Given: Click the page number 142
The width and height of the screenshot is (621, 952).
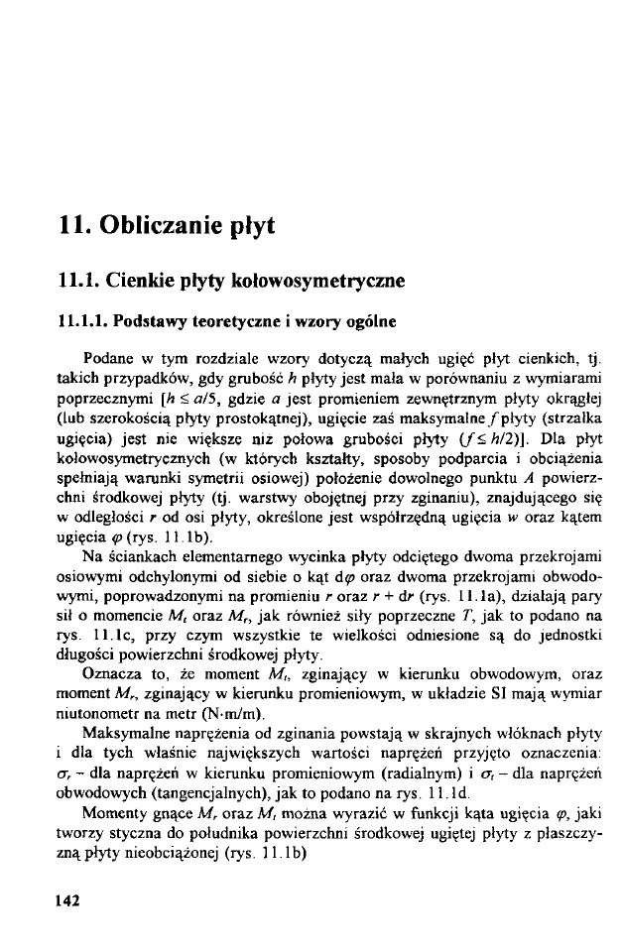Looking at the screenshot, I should (65, 899).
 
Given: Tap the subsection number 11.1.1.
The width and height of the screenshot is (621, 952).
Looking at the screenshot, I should (82, 320).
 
